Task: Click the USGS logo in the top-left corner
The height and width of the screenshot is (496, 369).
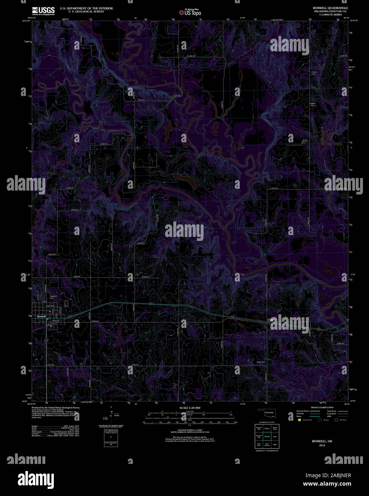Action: point(43,11)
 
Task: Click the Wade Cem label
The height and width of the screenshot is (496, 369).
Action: point(261,362)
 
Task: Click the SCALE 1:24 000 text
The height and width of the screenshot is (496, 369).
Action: point(190,408)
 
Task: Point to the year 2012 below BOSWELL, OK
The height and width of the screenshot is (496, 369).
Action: point(322,445)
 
